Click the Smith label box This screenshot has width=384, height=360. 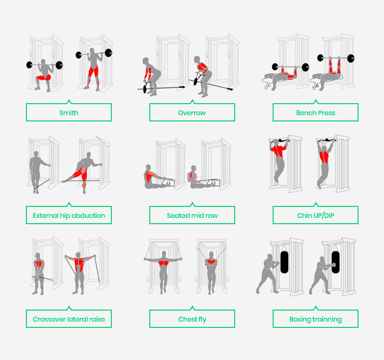tap(69, 113)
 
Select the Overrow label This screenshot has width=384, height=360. tap(192, 113)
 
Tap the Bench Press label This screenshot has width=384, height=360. tap(315, 113)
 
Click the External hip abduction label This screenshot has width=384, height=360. tap(69, 216)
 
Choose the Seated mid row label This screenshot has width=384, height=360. tap(192, 216)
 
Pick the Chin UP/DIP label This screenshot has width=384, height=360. tap(315, 216)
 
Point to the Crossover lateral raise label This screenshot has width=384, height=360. tap(69, 319)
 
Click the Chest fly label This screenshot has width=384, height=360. tap(192, 319)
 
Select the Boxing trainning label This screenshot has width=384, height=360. tap(315, 319)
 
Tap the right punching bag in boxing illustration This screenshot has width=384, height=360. tap(335, 262)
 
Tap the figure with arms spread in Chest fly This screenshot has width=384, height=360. tap(164, 269)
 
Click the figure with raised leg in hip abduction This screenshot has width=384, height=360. tap(84, 170)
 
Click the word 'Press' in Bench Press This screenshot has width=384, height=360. tap(326, 113)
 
